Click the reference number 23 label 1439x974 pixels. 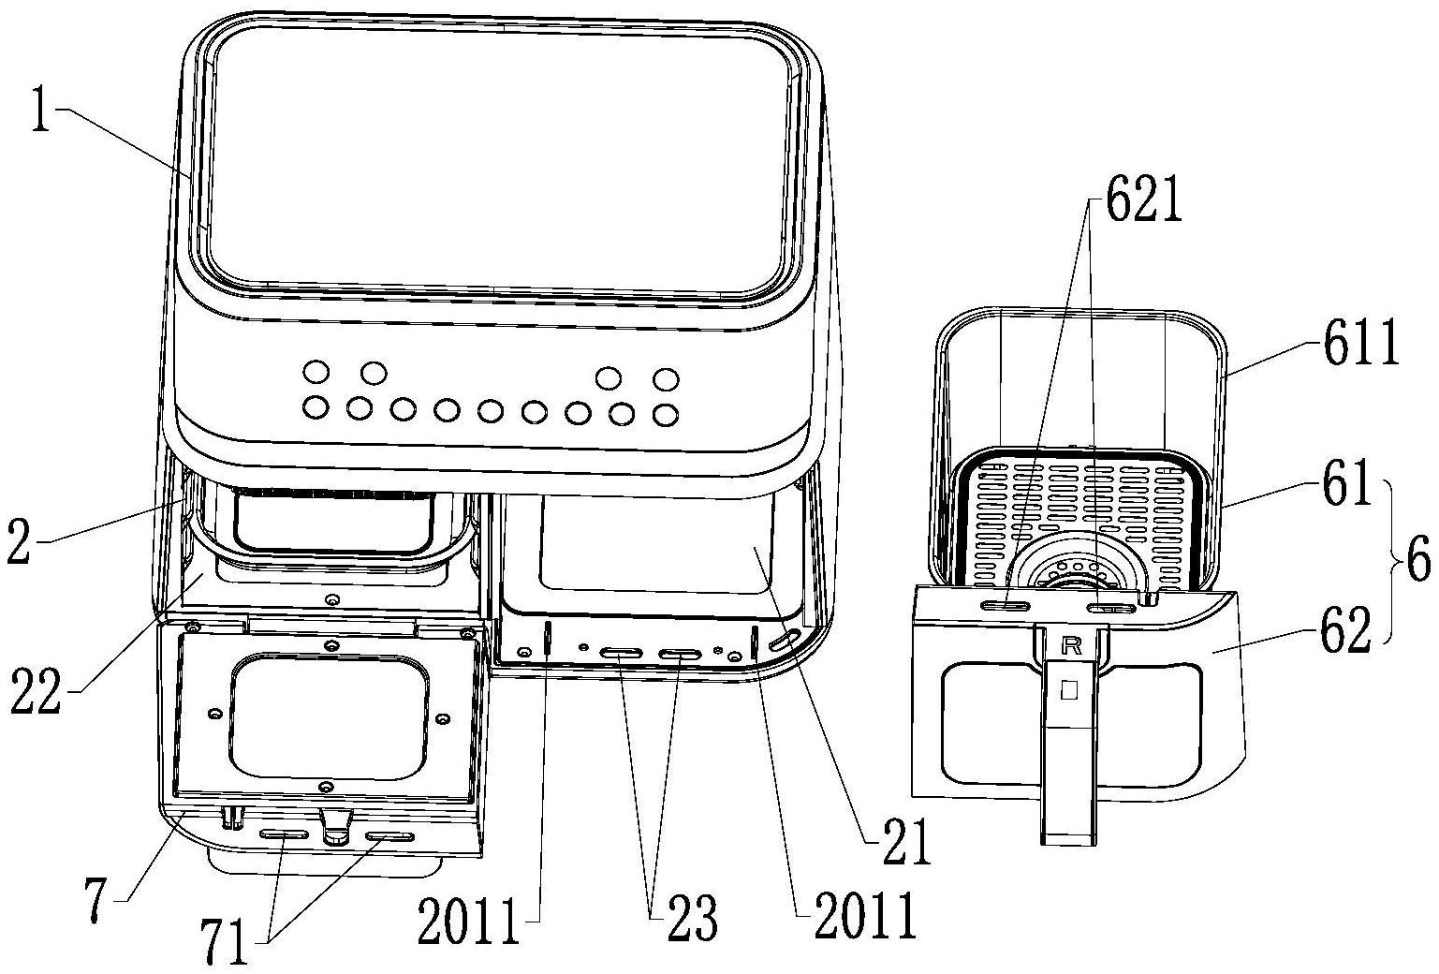pyautogui.click(x=691, y=917)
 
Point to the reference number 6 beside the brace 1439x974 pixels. pyautogui.click(x=1417, y=561)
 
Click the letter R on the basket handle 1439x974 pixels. pyautogui.click(x=1072, y=644)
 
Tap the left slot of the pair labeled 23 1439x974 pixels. pyautogui.click(x=623, y=653)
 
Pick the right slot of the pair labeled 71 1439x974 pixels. pyautogui.click(x=389, y=837)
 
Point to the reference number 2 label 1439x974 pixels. pyautogui.click(x=19, y=540)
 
